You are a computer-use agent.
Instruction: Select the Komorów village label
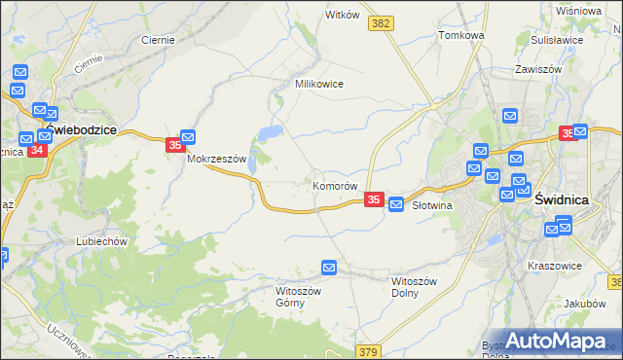[336, 185]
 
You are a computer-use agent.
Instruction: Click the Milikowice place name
[319, 84]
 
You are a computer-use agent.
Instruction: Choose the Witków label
[343, 15]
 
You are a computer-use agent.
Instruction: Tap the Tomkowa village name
[461, 35]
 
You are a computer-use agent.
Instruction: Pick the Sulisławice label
[557, 41]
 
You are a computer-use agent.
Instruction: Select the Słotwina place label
[434, 206]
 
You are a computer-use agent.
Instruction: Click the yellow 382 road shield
[382, 21]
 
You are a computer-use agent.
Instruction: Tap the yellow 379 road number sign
[367, 351]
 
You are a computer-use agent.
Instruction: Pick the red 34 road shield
[37, 150]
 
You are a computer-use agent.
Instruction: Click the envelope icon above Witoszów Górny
[329, 267]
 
